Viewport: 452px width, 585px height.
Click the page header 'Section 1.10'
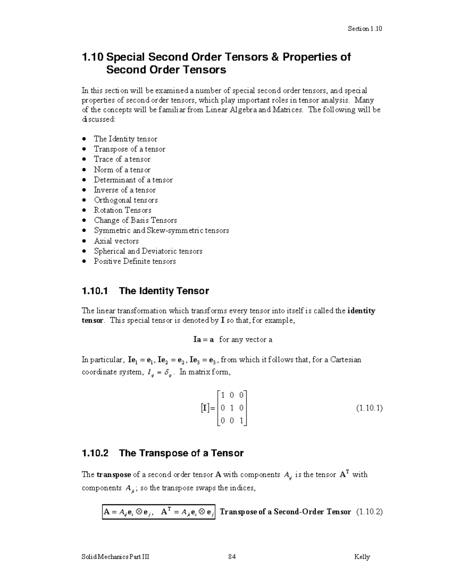[x=365, y=29]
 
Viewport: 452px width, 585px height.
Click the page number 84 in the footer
[x=232, y=557]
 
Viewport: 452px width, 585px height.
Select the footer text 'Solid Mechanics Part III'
[x=115, y=557]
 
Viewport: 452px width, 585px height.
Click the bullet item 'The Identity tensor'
[x=125, y=139]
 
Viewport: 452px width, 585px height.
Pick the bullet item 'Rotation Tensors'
[x=122, y=210]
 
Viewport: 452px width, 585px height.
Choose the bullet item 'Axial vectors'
[x=116, y=241]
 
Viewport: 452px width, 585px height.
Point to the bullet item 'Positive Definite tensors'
[x=134, y=261]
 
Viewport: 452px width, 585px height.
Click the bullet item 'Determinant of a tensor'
[x=133, y=180]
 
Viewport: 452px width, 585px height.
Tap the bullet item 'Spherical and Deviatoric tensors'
[x=148, y=251]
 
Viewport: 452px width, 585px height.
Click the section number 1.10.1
[x=95, y=291]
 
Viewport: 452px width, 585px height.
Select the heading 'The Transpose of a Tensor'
[x=181, y=453]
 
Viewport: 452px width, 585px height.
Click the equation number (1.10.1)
[x=369, y=408]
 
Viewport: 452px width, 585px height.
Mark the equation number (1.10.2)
[x=369, y=512]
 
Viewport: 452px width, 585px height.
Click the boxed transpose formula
[x=159, y=512]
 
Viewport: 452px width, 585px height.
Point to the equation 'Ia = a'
[x=203, y=339]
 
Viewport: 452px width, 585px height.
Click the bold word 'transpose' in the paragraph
[x=114, y=475]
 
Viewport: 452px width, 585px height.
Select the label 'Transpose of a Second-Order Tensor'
[x=285, y=512]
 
